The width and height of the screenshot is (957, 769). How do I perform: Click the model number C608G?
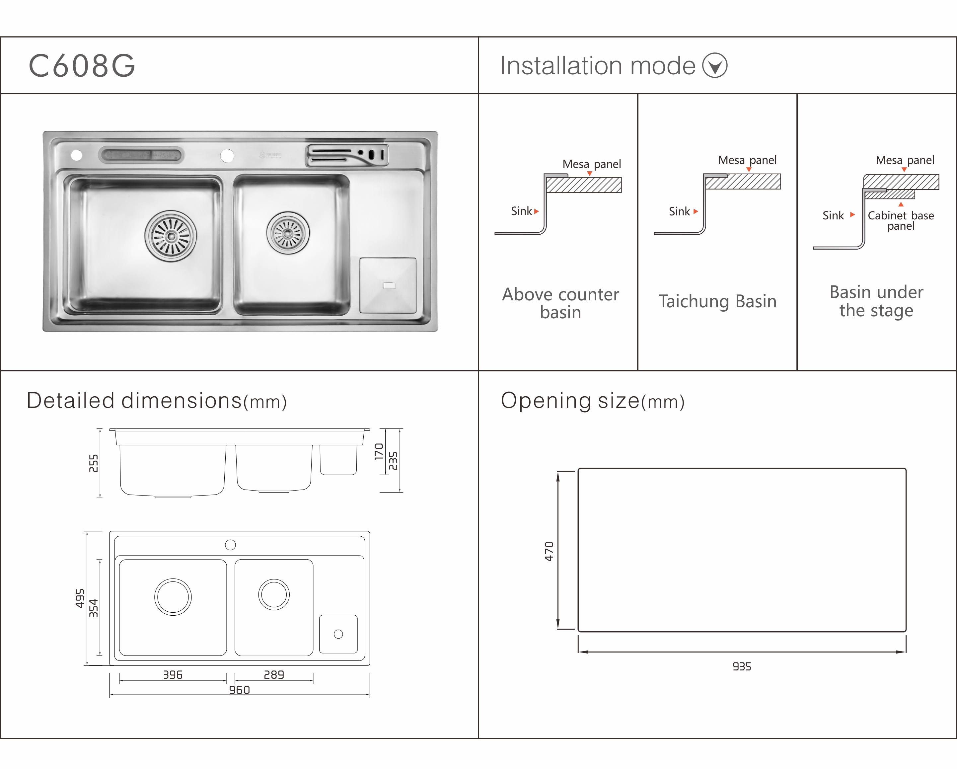click(x=82, y=66)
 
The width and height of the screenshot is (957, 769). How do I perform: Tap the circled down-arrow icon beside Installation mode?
click(x=715, y=66)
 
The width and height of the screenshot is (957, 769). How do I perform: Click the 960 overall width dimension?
click(x=239, y=690)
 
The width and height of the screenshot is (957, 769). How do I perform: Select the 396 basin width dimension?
click(x=173, y=675)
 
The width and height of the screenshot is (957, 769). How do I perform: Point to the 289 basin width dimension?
click(x=274, y=675)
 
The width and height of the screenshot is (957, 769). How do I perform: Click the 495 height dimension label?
click(x=80, y=598)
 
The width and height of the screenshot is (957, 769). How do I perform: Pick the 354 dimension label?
click(x=94, y=608)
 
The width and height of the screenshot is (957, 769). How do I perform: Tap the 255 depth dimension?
click(x=94, y=463)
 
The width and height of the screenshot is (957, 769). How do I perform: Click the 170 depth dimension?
click(x=379, y=452)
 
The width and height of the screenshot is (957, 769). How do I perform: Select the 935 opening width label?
click(x=742, y=666)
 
